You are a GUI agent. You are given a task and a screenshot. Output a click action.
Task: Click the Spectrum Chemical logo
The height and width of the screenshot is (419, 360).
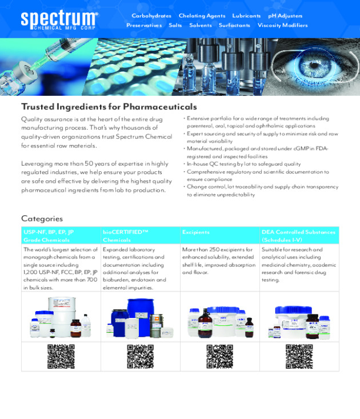click(59, 20)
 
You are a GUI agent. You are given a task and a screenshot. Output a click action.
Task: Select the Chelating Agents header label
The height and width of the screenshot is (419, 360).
click(202, 16)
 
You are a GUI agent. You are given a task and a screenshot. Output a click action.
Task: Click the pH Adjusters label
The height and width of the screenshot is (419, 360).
click(285, 16)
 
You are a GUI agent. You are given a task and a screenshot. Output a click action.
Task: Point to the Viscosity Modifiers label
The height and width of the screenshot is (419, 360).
click(282, 25)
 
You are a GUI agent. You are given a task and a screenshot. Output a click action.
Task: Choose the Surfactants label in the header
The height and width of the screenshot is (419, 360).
click(234, 25)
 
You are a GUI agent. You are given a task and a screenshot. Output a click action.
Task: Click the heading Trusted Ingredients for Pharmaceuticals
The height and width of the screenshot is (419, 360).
click(109, 107)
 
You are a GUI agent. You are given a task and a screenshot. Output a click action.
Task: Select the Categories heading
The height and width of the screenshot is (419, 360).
click(42, 218)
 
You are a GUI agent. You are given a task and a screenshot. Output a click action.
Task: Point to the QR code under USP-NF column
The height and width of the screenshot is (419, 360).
click(61, 356)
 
